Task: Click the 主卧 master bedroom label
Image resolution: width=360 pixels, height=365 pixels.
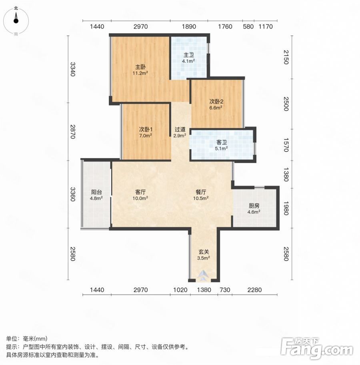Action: click(140, 67)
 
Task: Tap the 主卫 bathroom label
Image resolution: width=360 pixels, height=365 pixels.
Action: click(188, 55)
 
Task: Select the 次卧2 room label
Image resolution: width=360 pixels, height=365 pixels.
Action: click(216, 102)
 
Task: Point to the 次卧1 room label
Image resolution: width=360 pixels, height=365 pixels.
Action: click(146, 129)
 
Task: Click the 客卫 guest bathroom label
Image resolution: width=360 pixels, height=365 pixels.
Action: click(222, 142)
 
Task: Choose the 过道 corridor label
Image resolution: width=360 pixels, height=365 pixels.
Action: click(180, 130)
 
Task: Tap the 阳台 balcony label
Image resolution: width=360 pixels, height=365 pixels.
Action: click(96, 192)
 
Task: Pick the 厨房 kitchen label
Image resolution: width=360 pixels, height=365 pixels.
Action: click(254, 206)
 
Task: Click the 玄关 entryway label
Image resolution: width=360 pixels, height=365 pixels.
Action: click(204, 252)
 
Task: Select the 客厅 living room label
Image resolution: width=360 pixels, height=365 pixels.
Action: click(140, 192)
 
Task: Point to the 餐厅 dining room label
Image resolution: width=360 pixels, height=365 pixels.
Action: click(201, 192)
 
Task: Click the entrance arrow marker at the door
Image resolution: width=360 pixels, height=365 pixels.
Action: click(204, 275)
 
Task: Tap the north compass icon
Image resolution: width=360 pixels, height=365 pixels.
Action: click(16, 20)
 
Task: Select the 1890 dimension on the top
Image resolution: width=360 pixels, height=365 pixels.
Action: click(189, 27)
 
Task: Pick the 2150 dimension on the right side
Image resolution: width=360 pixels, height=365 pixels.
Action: click(286, 57)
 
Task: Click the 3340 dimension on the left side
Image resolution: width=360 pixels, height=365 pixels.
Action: click(73, 69)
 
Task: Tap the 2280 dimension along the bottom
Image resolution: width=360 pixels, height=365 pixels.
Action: click(254, 290)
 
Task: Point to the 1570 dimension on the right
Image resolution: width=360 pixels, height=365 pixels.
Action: click(286, 145)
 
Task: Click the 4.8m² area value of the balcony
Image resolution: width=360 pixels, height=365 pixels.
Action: click(96, 198)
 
